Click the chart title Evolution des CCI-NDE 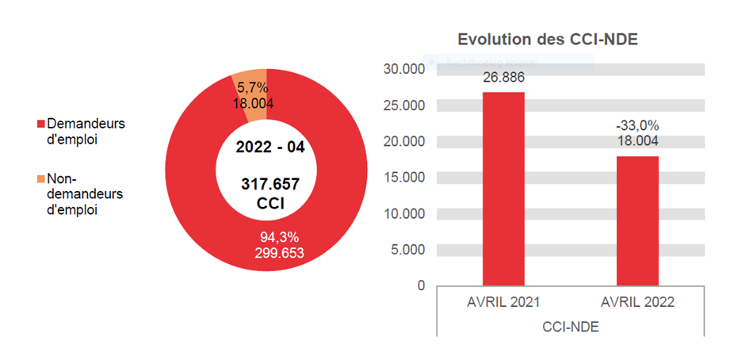548,40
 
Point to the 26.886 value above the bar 503,78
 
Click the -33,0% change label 637,126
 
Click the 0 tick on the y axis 420,285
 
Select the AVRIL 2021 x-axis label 503,303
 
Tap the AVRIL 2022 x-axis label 637,303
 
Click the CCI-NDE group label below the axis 570,327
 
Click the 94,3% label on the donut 279,237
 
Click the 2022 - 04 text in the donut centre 269,147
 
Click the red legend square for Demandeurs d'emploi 40,125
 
